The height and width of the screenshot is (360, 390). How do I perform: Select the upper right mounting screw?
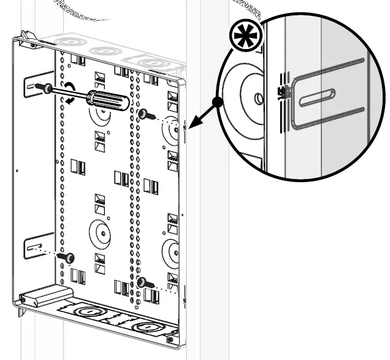[x=143, y=114]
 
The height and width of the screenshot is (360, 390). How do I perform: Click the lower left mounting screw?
[x=69, y=257]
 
